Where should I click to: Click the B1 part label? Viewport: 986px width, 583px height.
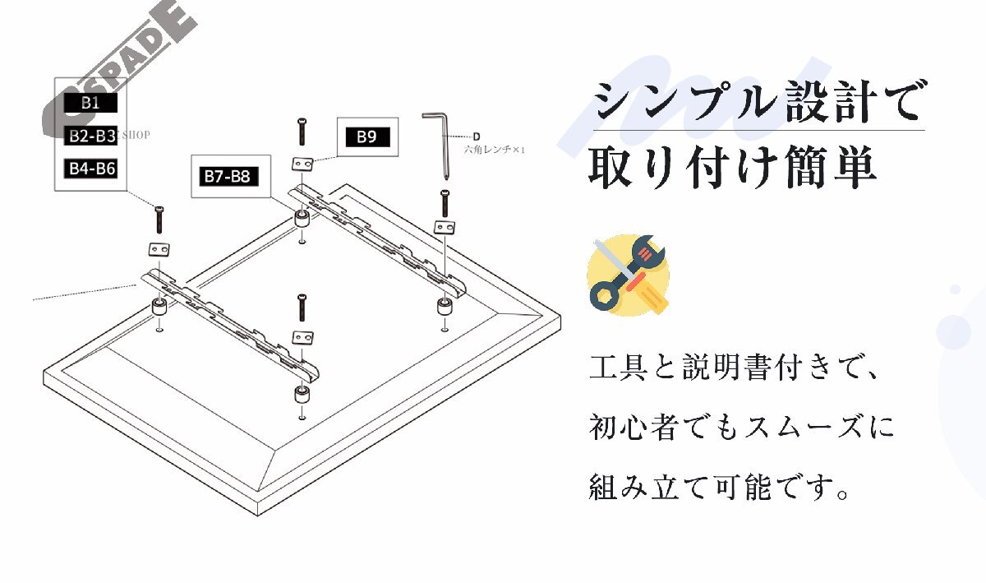tap(91, 103)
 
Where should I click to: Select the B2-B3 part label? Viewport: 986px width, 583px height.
tap(91, 136)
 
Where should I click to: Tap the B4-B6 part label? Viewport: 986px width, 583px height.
tap(91, 169)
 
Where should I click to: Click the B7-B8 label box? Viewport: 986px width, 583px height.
tap(227, 176)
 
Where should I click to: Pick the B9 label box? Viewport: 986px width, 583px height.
tap(366, 136)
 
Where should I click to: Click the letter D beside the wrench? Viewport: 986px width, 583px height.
tap(476, 136)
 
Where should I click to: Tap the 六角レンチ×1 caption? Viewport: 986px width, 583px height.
tap(494, 150)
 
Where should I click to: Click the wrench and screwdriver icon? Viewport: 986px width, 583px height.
tap(628, 274)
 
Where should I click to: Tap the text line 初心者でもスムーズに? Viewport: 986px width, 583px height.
tap(741, 428)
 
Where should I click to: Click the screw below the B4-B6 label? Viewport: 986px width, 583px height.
tap(159, 220)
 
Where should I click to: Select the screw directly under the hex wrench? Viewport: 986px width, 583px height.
tap(445, 204)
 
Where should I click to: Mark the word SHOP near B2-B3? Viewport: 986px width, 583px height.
tap(136, 136)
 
